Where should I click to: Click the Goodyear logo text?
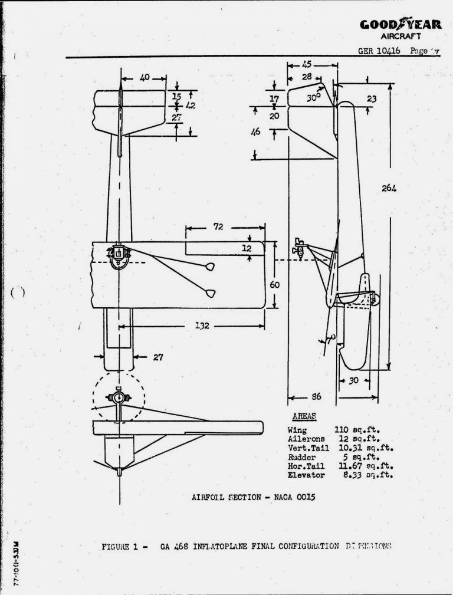[399, 24]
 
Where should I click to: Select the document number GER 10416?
[379, 51]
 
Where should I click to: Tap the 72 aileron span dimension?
[218, 226]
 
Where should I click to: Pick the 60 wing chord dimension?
[274, 284]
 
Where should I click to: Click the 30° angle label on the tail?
[313, 98]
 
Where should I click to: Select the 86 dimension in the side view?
[316, 397]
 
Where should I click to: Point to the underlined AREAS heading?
[304, 416]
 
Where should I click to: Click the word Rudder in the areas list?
[302, 457]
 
